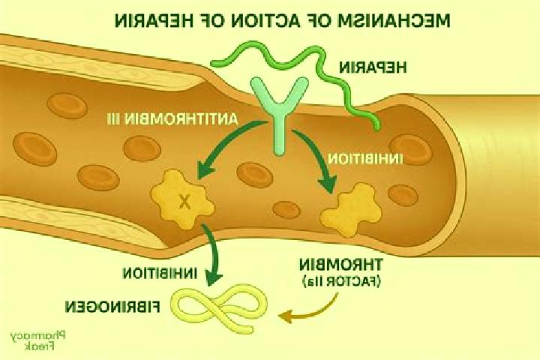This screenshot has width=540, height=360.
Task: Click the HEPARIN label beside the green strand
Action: point(373,67)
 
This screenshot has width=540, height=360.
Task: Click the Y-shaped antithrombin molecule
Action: point(279,114)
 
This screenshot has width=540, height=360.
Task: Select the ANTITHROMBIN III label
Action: point(173,119)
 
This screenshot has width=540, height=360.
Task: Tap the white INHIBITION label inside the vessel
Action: point(365,159)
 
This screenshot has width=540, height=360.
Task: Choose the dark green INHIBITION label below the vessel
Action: point(160,273)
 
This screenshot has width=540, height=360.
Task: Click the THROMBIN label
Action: point(340,265)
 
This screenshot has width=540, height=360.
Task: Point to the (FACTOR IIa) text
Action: point(342,281)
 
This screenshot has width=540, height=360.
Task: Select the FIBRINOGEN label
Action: point(113,307)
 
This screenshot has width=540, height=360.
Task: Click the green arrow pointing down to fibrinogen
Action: point(214,253)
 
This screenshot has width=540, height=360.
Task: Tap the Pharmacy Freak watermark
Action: point(37,340)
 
